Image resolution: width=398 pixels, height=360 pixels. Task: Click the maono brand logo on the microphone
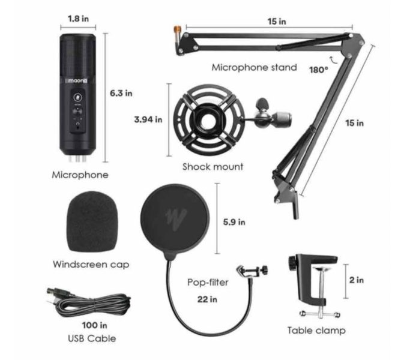(x=77, y=80)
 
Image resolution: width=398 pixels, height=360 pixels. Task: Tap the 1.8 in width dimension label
(x=78, y=19)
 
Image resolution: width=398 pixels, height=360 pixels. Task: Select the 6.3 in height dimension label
(x=121, y=93)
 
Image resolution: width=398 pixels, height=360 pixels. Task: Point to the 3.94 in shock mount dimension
(x=148, y=119)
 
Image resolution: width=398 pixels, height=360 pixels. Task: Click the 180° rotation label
(x=319, y=70)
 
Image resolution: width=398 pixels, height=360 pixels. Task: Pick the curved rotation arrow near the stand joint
(x=333, y=60)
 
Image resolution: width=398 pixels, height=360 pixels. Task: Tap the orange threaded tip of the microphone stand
(x=176, y=30)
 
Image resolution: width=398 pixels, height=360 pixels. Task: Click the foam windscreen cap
(x=92, y=222)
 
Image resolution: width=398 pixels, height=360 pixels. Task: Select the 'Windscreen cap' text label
(x=91, y=265)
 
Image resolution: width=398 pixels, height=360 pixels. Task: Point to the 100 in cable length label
(x=94, y=325)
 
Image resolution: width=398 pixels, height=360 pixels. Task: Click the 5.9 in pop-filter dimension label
(x=234, y=222)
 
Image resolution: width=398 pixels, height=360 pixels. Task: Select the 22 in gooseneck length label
(x=207, y=299)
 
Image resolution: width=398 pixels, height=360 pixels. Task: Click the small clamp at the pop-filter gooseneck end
(x=252, y=271)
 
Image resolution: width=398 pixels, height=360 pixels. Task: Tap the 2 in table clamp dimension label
(x=357, y=280)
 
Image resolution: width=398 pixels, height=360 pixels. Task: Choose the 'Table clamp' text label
(x=316, y=331)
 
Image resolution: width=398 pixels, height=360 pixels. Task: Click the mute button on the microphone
(x=77, y=97)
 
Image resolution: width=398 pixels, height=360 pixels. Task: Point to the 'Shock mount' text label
(x=213, y=167)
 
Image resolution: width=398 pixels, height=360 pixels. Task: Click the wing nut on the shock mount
(x=262, y=104)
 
